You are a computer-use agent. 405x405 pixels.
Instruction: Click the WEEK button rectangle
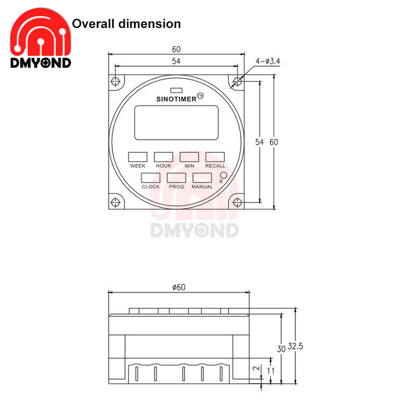pyautogui.click(x=138, y=156)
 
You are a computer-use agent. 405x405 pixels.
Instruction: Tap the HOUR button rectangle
pyautogui.click(x=164, y=156)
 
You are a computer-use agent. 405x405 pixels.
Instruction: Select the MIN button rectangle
pyautogui.click(x=189, y=156)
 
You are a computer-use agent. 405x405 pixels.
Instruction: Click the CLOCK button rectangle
pyautogui.click(x=150, y=178)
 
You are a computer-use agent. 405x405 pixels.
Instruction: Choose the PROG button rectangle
pyautogui.click(x=176, y=178)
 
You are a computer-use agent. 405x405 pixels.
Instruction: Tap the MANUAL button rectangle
pyautogui.click(x=202, y=178)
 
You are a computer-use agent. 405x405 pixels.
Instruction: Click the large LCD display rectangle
pyautogui.click(x=176, y=122)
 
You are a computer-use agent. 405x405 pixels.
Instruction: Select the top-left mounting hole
pyautogui.click(x=117, y=82)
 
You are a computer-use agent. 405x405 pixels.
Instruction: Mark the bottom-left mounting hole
pyautogui.click(x=117, y=202)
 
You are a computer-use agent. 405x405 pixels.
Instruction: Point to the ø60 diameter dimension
pyautogui.click(x=179, y=287)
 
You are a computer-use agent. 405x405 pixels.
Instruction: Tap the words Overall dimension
pyautogui.click(x=127, y=23)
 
